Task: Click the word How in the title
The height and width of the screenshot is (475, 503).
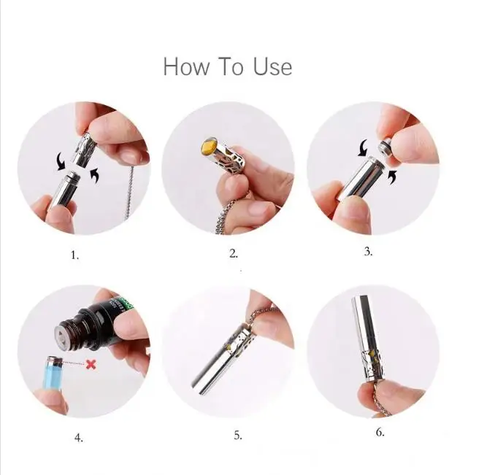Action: click(181, 66)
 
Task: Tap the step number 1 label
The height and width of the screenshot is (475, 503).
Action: click(74, 255)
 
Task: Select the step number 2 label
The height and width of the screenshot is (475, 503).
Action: click(234, 254)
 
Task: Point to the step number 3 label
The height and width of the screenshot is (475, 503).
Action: click(368, 251)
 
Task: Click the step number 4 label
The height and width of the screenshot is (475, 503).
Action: click(78, 438)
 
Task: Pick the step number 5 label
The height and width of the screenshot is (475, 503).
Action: click(238, 435)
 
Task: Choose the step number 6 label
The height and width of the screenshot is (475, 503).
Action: click(380, 432)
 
